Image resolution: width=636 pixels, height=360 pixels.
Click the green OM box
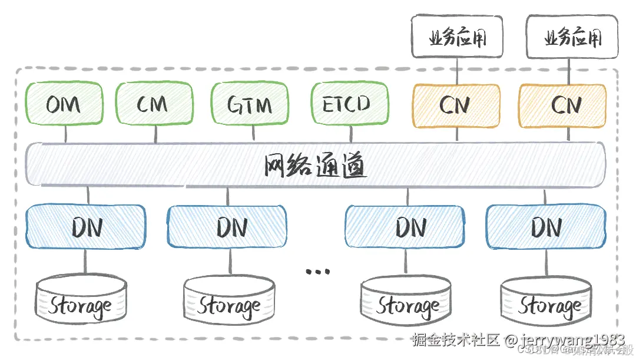[x=64, y=105]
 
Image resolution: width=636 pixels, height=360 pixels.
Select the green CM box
[x=153, y=105]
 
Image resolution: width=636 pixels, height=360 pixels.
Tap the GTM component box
[x=250, y=105]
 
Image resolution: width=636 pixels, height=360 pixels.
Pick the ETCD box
[x=349, y=105]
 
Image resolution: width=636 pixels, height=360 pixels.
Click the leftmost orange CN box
[x=456, y=105]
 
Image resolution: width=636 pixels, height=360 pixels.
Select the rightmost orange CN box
[x=562, y=105]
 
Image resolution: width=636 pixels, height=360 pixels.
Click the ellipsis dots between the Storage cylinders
[x=319, y=272]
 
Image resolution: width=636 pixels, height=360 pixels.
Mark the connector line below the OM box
[x=65, y=134]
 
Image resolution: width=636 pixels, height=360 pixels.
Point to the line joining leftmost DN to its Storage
[x=85, y=261]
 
